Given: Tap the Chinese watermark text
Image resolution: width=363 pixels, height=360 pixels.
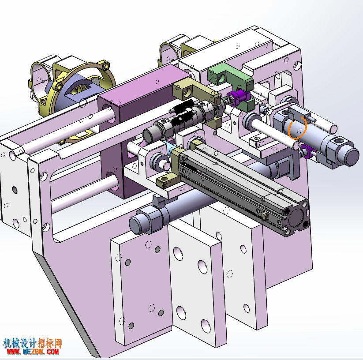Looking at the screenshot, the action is (32, 343).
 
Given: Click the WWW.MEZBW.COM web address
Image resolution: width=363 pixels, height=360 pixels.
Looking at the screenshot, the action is (33, 352).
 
